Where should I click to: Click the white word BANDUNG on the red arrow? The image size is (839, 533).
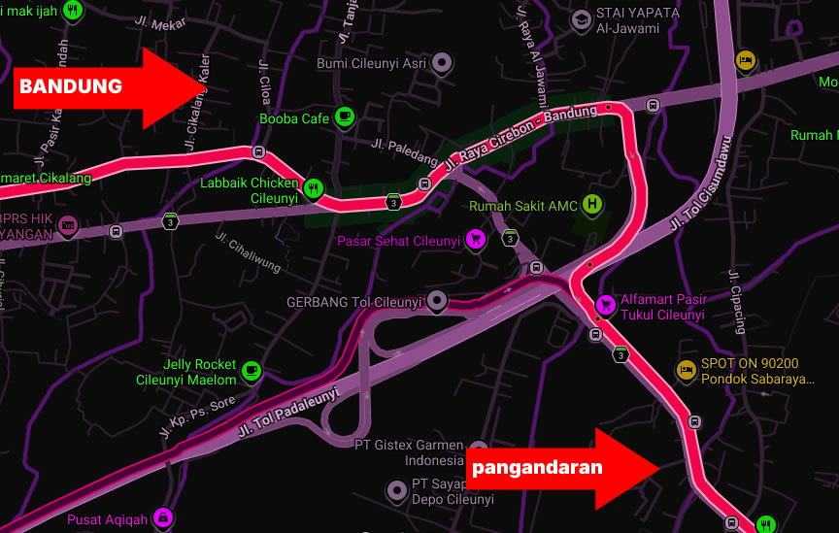pyautogui.click(x=71, y=86)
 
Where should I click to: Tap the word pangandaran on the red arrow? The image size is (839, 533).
pyautogui.click(x=537, y=467)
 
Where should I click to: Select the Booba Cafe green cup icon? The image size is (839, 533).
pyautogui.click(x=344, y=117)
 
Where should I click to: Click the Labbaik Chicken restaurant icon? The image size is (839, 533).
pyautogui.click(x=313, y=188)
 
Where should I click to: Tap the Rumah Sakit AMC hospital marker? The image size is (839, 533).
pyautogui.click(x=591, y=205)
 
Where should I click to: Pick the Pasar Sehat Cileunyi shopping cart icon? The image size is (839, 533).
pyautogui.click(x=475, y=239)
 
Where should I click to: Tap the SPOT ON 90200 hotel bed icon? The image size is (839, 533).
pyautogui.click(x=686, y=370)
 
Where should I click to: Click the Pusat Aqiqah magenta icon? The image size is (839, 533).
pyautogui.click(x=163, y=517)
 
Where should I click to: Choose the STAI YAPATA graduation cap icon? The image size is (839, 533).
pyautogui.click(x=581, y=18)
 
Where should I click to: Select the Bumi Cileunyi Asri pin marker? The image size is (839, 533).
pyautogui.click(x=442, y=63)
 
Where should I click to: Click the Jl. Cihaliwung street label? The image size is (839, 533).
pyautogui.click(x=248, y=251)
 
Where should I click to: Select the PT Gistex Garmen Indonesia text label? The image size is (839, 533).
pyautogui.click(x=409, y=452)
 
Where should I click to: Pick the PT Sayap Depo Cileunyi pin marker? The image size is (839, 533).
pyautogui.click(x=396, y=490)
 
